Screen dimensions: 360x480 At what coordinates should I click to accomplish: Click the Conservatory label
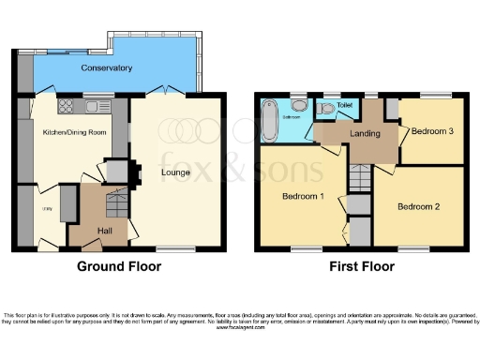[105, 68]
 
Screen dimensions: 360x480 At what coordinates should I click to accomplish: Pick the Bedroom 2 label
[418, 205]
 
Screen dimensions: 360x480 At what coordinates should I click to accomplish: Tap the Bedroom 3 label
[432, 131]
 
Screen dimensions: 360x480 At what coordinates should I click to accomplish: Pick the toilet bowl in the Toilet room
[324, 110]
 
